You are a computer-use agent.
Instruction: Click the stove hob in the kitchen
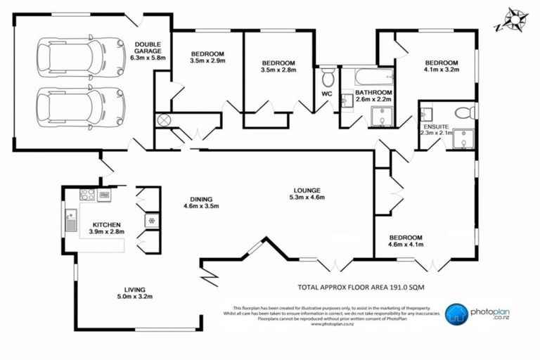[x=88, y=195]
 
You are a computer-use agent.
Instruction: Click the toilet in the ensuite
[x=464, y=113]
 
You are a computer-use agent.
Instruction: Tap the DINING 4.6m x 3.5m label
[x=201, y=202]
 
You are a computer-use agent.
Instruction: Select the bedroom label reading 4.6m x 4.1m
[x=405, y=241]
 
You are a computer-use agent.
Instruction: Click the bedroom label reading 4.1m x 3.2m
[x=441, y=66]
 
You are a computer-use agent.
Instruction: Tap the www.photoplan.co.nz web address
[x=330, y=325]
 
